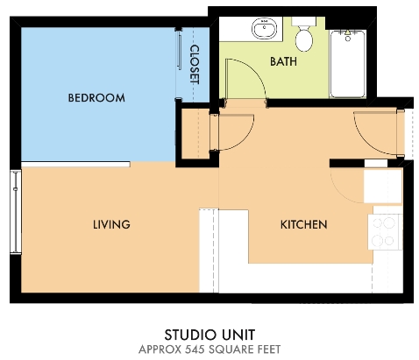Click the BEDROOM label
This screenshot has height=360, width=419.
(x=96, y=97)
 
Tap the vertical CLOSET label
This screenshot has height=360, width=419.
(x=195, y=64)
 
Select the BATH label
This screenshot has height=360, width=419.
(x=283, y=62)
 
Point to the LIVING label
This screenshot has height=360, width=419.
(x=111, y=225)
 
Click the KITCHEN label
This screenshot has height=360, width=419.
(x=303, y=225)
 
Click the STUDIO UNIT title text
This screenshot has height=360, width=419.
(x=209, y=335)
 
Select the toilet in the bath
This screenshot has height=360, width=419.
(x=304, y=37)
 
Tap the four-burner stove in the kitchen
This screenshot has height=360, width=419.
(x=386, y=231)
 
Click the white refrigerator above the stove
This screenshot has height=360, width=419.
(x=383, y=187)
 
